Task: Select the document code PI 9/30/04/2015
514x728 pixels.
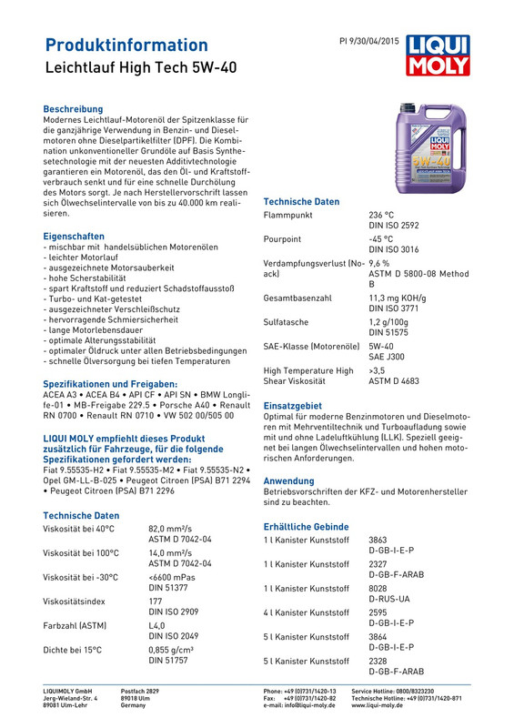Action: tap(368, 42)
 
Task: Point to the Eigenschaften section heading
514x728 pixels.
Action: tap(77, 236)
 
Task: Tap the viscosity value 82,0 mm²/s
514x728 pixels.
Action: tap(172, 529)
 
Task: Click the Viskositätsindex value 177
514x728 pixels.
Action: tap(156, 602)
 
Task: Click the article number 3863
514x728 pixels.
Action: tap(378, 541)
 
